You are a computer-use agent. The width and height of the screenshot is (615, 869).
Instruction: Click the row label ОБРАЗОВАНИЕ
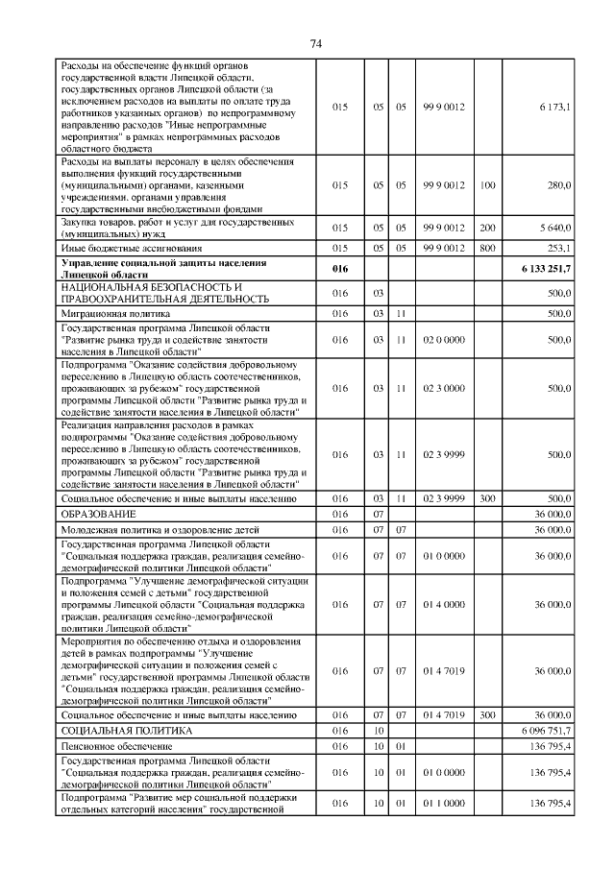(x=97, y=516)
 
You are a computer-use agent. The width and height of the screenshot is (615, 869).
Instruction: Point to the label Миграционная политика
(x=115, y=313)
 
